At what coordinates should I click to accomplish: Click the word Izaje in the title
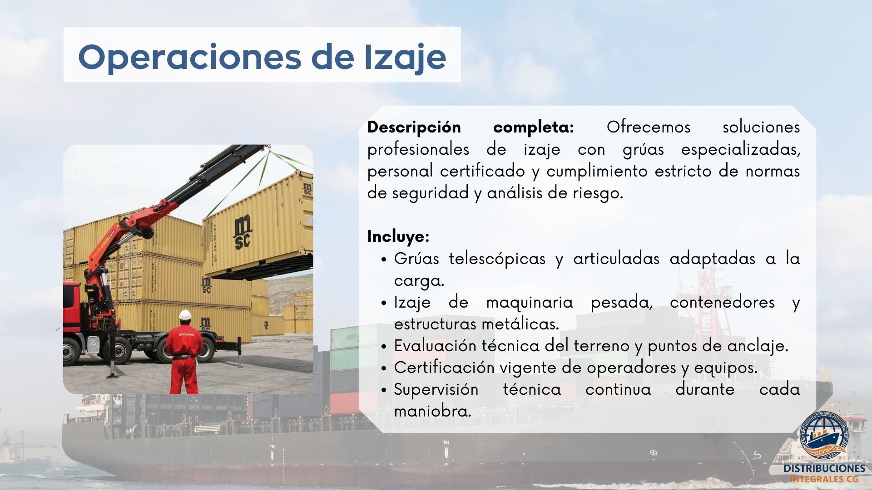[405, 58]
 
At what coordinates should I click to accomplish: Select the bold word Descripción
[414, 127]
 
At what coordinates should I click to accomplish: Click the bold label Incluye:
[398, 237]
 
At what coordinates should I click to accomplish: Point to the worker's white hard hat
[185, 315]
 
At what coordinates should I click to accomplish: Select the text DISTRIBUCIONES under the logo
[824, 468]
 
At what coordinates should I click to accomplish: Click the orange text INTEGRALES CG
[824, 479]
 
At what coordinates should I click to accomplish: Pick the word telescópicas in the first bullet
[497, 259]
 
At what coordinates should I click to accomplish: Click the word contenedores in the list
[722, 303]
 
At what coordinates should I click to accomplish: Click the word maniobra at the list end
[432, 412]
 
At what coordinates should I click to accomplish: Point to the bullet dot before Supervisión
[384, 390]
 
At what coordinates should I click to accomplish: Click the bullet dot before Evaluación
[384, 347]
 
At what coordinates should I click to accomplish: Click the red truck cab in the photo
[73, 306]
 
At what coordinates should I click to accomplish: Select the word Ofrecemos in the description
[648, 127]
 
